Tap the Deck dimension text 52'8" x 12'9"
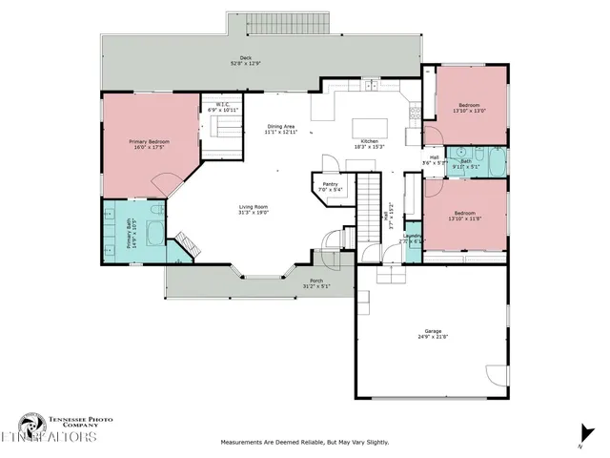point(246,64)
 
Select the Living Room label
point(252,207)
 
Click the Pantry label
point(331,184)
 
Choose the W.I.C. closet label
point(220,105)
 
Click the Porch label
point(315,281)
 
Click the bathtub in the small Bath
point(492,161)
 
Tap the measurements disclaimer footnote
point(304,442)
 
